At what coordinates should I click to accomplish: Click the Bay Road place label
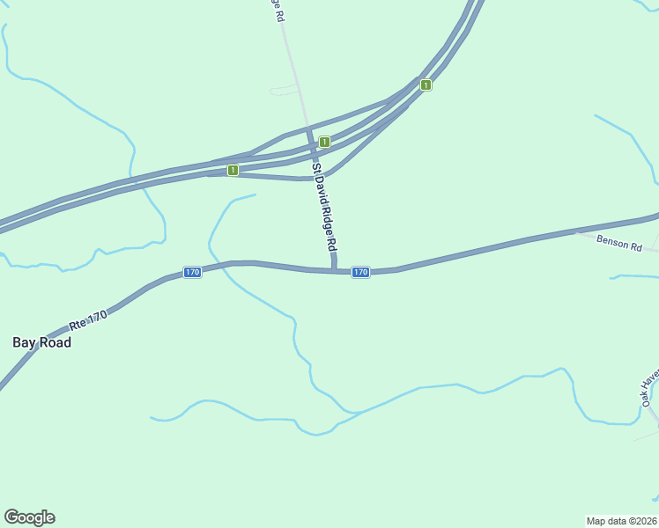pyautogui.click(x=41, y=342)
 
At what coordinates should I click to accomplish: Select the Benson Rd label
pyautogui.click(x=618, y=242)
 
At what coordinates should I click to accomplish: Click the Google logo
pyautogui.click(x=29, y=517)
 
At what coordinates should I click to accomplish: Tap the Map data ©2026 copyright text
pyautogui.click(x=622, y=520)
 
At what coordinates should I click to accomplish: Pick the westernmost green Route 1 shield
pyautogui.click(x=233, y=170)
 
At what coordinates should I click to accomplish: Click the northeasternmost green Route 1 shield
pyautogui.click(x=426, y=84)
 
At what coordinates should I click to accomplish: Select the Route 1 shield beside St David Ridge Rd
pyautogui.click(x=324, y=142)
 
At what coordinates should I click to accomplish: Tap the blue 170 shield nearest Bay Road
pyautogui.click(x=192, y=272)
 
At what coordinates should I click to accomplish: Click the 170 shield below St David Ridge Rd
pyautogui.click(x=360, y=272)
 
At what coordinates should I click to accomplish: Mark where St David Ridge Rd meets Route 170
pyautogui.click(x=335, y=269)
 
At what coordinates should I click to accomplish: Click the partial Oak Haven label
pyautogui.click(x=649, y=387)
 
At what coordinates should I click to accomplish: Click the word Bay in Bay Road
pyautogui.click(x=24, y=342)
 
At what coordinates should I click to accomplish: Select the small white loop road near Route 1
pyautogui.click(x=285, y=89)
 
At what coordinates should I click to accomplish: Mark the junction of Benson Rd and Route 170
pyautogui.click(x=577, y=232)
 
